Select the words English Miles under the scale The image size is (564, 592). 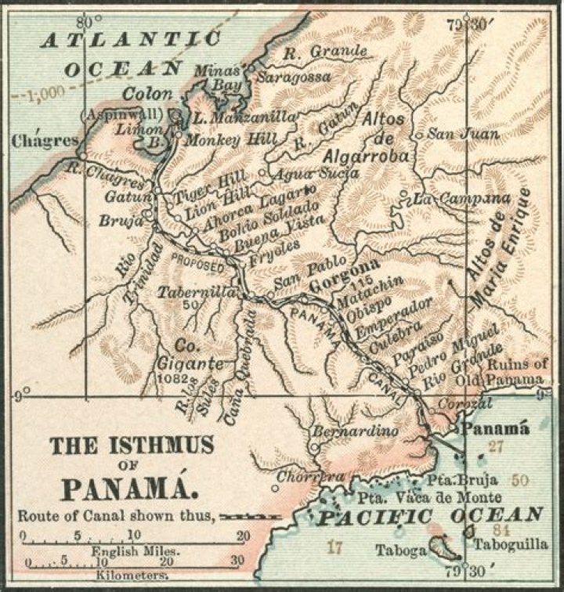(135, 550)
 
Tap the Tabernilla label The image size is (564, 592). (186, 291)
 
